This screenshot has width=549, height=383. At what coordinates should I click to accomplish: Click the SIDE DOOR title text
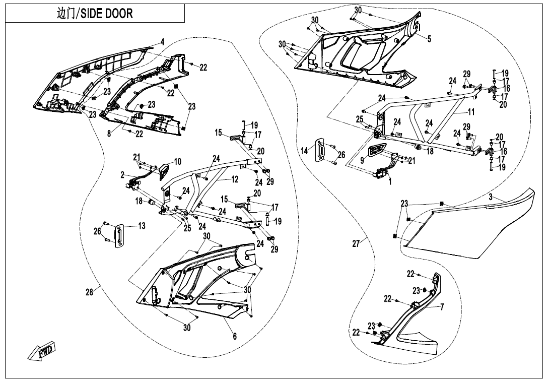95,14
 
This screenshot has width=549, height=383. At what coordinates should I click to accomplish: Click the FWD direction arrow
42,352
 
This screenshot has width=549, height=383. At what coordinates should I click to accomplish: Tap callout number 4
162,42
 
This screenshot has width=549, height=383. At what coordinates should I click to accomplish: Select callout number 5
429,39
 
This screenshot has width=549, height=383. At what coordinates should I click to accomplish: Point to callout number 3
490,198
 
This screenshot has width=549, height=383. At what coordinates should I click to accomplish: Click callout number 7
442,307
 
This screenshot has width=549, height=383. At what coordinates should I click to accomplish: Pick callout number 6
235,337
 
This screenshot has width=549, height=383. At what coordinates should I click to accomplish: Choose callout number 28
90,292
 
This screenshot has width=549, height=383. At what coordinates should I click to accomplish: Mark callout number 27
356,244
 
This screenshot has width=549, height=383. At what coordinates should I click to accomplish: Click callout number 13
142,226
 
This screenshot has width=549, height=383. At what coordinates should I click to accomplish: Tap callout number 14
305,151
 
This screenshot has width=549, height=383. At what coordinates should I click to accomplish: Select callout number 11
471,111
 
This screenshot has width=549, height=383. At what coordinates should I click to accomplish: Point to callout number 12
235,179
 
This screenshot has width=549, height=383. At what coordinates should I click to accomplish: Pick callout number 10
177,162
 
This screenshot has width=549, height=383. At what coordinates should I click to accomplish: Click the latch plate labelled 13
121,236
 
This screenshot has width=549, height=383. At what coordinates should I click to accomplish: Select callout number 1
389,182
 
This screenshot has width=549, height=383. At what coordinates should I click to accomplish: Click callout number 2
122,174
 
